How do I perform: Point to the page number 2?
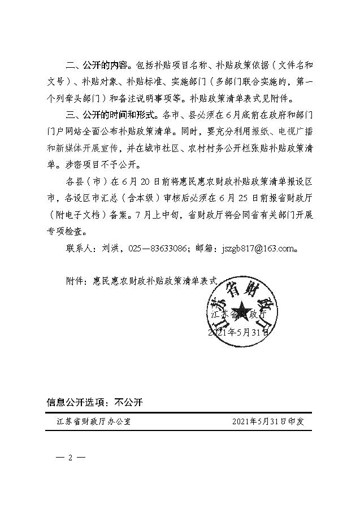[71, 457]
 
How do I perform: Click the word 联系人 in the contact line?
[81, 248]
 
